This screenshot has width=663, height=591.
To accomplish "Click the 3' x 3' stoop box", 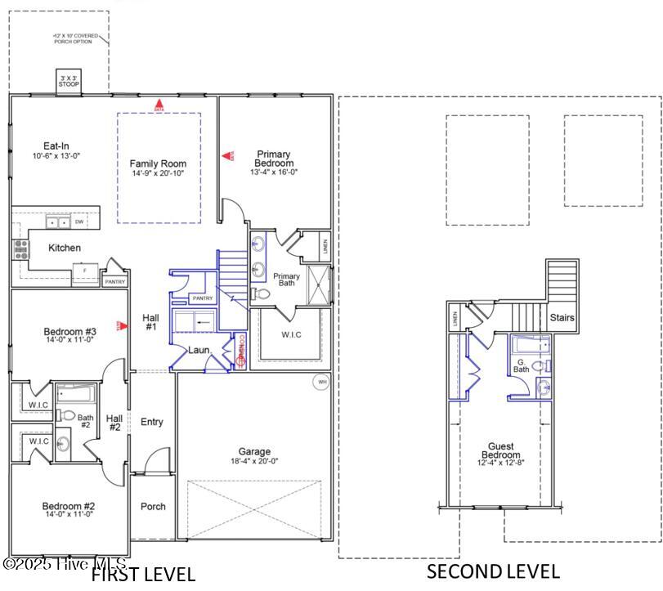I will pos(65,82).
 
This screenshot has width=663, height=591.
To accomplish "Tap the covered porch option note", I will pos(77,39).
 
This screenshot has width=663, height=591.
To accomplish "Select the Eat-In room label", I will pos(56,150).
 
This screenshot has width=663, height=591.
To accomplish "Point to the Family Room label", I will pos(159,168).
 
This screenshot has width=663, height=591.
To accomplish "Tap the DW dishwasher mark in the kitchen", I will pos(79,222).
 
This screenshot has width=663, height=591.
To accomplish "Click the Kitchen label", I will pos(65,248).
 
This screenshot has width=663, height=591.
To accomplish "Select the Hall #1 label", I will pos(150,322).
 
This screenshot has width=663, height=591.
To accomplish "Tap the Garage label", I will pos(254,456).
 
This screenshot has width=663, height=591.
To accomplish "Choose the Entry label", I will pos(152,422).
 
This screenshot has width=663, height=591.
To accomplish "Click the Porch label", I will pos(153,506).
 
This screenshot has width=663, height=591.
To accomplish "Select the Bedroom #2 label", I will pos(69,509).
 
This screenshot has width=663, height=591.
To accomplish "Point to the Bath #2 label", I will pos(85,422).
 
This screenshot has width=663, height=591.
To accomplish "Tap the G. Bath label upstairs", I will pos(522,365).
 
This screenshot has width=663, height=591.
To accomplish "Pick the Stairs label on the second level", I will pos(562,317).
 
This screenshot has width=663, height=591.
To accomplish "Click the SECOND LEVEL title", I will pos(493,571).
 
